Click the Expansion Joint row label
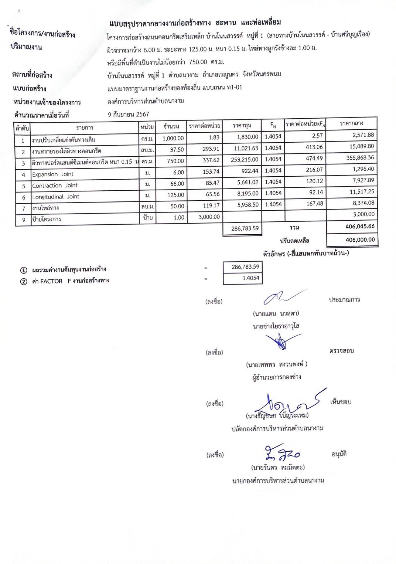click(x=53, y=174)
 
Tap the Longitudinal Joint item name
click(x=55, y=197)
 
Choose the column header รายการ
click(x=85, y=128)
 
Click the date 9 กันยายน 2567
click(x=129, y=115)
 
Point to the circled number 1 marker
click(x=24, y=270)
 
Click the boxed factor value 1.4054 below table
click(x=251, y=278)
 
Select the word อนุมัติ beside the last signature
click(x=339, y=454)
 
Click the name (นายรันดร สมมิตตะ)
click(x=278, y=468)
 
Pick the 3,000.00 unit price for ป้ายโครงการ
click(x=209, y=217)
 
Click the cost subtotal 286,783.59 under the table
click(x=245, y=228)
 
